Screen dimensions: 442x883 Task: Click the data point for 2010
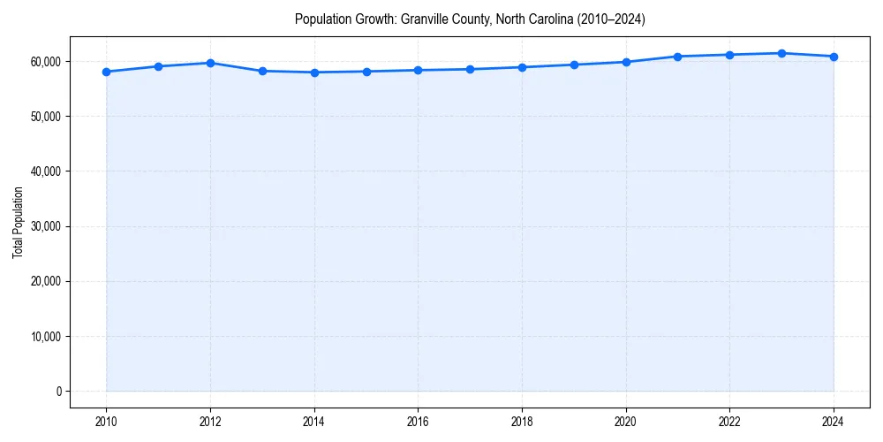click(x=106, y=72)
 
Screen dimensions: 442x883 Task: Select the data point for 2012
click(x=210, y=63)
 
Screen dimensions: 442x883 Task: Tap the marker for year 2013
click(x=262, y=71)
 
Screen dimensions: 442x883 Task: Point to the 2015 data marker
click(x=366, y=72)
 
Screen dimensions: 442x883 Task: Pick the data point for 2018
click(x=522, y=67)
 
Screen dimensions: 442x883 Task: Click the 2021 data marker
click(x=677, y=57)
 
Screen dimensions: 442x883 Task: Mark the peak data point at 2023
click(x=781, y=53)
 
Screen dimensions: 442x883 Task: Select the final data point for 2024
click(x=834, y=57)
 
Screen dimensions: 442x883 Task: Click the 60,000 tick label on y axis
click(x=44, y=61)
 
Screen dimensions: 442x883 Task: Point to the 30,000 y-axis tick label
click(x=44, y=226)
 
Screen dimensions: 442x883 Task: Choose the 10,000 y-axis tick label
click(x=44, y=337)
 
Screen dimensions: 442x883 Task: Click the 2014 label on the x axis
click(x=314, y=422)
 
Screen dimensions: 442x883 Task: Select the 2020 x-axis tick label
click(x=626, y=422)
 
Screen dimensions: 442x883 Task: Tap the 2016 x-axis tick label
click(x=418, y=422)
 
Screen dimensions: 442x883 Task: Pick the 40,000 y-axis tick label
click(x=44, y=171)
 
